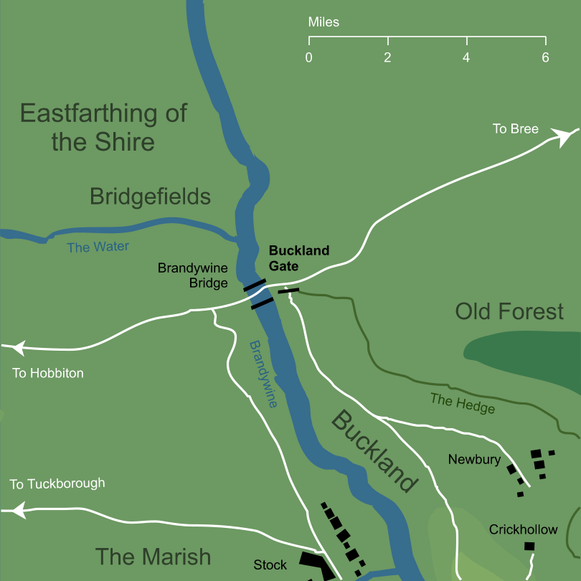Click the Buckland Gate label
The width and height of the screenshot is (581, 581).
tap(298, 258)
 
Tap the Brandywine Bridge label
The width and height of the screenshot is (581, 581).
tap(193, 275)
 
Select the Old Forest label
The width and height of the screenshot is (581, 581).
tap(509, 311)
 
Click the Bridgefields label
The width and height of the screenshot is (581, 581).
tap(150, 197)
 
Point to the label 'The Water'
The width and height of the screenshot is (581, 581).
tap(98, 247)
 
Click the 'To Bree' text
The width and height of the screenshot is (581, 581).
tap(515, 129)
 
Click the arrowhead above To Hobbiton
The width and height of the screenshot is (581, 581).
tap(16, 349)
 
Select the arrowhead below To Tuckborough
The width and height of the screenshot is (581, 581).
tap(16, 511)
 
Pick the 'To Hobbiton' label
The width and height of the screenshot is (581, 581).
tap(48, 373)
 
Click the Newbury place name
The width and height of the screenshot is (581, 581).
tap(474, 459)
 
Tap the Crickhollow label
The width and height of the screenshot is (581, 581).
tap(523, 529)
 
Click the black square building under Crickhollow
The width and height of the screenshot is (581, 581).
tap(529, 547)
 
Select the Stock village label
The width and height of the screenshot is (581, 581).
tap(270, 565)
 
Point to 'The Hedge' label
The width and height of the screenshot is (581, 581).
tap(463, 403)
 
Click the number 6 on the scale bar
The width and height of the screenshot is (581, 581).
tap(545, 57)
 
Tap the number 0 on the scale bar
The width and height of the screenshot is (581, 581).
tap(308, 57)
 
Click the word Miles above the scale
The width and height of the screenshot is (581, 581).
tap(323, 22)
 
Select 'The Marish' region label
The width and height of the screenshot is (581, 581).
tap(153, 557)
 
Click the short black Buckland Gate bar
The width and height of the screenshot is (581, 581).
tap(288, 290)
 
